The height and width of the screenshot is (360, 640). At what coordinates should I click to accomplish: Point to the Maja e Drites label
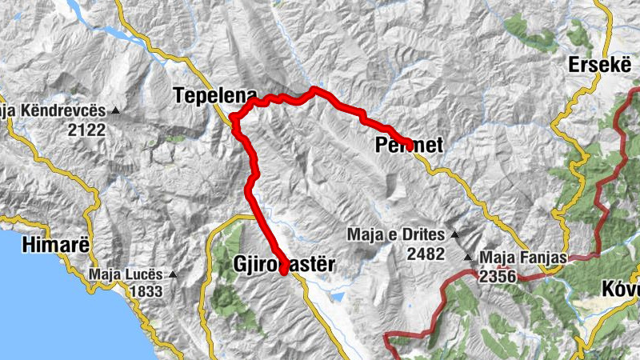[397, 235]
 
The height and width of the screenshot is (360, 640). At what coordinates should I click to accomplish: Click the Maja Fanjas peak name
[523, 258]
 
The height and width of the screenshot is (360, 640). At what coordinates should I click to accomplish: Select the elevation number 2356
[498, 276]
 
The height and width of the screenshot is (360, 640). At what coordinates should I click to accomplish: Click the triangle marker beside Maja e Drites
[454, 235]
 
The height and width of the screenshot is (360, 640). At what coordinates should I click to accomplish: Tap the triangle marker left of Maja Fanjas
[468, 258]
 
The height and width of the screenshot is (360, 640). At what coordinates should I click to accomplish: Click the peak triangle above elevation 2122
[116, 110]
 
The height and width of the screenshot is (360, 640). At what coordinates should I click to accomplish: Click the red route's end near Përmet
[409, 146]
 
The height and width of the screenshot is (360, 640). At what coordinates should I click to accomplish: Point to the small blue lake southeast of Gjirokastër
[337, 297]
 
